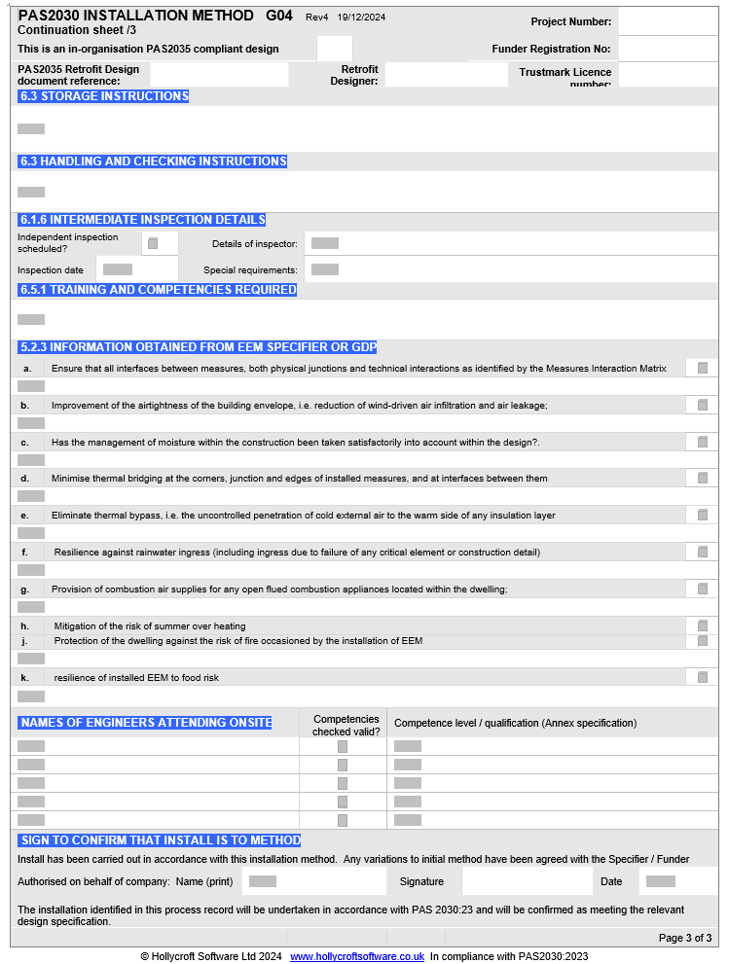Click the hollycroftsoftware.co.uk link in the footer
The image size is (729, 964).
(x=357, y=956)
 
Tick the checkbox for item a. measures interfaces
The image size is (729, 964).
(x=703, y=368)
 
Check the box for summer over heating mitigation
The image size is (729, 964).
(x=703, y=625)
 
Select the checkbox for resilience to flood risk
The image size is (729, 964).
(x=703, y=677)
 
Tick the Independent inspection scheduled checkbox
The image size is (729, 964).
(x=153, y=243)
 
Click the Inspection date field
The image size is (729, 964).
(x=118, y=269)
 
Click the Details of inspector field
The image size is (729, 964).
(x=325, y=243)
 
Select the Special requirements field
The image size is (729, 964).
(x=325, y=269)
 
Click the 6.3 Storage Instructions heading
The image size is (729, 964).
(x=104, y=96)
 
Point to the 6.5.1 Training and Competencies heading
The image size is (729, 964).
(x=158, y=290)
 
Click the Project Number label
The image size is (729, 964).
(x=571, y=21)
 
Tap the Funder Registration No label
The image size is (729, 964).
(x=551, y=49)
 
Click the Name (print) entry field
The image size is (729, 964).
(x=263, y=881)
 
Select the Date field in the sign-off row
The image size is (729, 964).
(x=661, y=881)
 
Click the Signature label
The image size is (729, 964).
(x=421, y=881)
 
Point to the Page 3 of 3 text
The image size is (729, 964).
(x=685, y=938)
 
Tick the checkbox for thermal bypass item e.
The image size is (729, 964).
(x=703, y=515)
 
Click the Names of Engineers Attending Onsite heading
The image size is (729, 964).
(x=146, y=723)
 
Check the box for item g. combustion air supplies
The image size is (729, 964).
(x=703, y=589)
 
